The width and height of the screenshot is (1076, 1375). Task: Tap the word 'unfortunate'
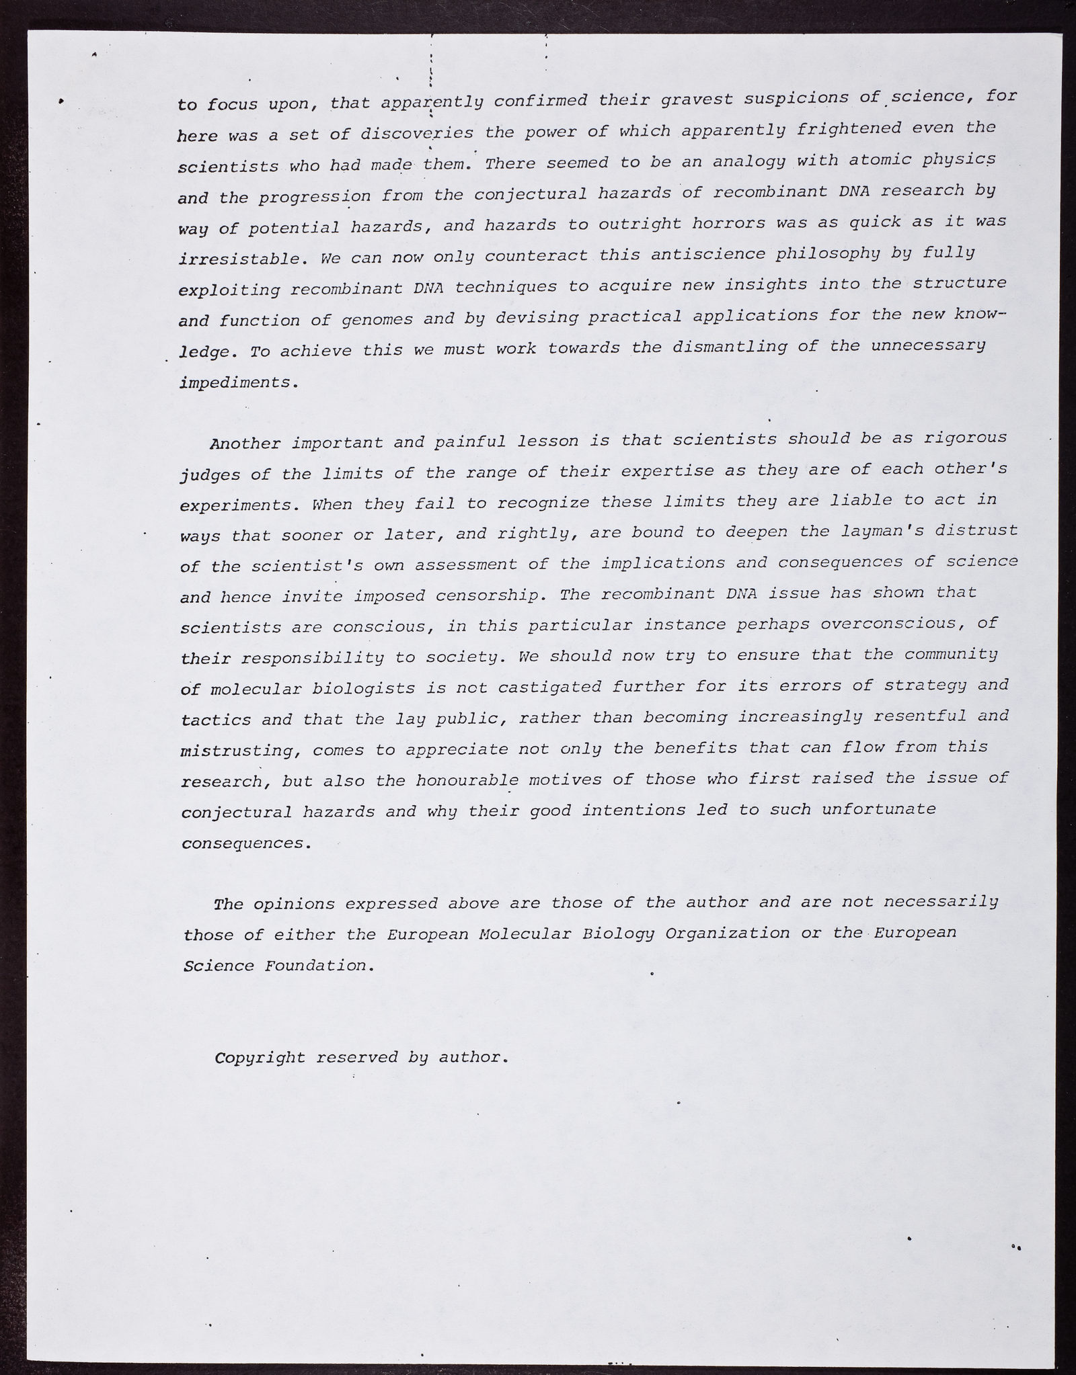click(879, 809)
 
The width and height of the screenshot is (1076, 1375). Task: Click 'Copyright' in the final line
click(260, 1058)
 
